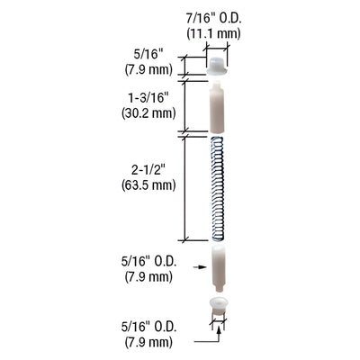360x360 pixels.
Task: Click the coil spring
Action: (x=216, y=188)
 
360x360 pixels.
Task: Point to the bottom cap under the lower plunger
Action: (x=216, y=301)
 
